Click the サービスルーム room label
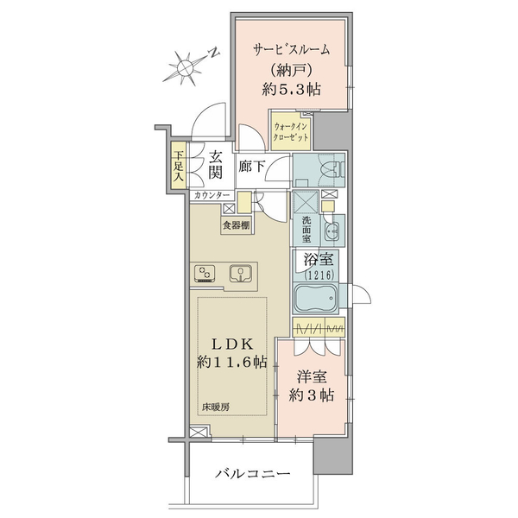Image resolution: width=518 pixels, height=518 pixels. coord(292,50)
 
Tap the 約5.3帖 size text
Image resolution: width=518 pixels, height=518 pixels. coord(292,89)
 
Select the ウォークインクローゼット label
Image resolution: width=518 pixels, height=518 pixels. coord(291,132)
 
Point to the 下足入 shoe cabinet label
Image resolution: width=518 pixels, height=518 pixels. coord(179,166)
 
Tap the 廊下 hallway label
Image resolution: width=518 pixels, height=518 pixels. coord(251,166)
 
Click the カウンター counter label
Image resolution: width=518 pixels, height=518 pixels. coord(212,195)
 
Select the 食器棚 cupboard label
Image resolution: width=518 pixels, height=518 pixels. coord(236,225)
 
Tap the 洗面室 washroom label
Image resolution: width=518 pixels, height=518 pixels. coord(306,230)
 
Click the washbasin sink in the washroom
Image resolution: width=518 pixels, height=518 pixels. coord(332,231)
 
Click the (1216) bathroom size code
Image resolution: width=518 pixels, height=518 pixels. coord(319,275)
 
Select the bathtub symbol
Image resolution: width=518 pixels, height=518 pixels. coord(316,299)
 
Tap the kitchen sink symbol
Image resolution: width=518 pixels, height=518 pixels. coord(241,274)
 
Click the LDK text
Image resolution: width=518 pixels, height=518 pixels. coord(232,345)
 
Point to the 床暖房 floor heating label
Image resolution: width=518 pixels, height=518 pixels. coord(215,407)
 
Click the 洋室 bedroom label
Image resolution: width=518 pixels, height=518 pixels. coord(312,377)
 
